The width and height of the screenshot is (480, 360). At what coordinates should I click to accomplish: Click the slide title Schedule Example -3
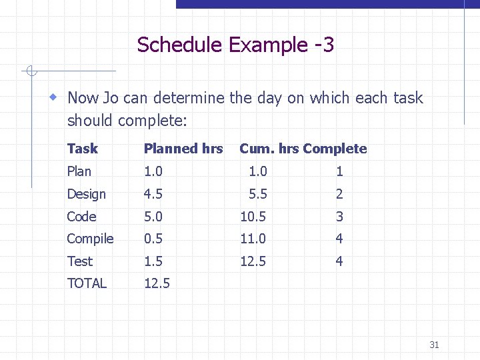pyautogui.click(x=235, y=45)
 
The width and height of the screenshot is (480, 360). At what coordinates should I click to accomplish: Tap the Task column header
pyautogui.click(x=82, y=149)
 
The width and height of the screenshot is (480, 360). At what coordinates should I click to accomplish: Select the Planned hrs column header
pyautogui.click(x=183, y=149)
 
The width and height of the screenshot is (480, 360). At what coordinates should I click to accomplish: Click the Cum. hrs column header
pyautogui.click(x=269, y=149)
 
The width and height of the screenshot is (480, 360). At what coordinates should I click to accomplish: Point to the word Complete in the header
pyautogui.click(x=335, y=149)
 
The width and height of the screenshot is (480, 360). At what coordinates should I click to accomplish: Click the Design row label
pyautogui.click(x=86, y=194)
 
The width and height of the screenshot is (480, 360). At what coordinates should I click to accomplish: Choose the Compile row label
pyautogui.click(x=90, y=239)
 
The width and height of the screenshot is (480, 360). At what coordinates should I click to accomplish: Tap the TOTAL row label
pyautogui.click(x=87, y=283)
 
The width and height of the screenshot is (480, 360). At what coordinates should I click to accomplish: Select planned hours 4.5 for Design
pyautogui.click(x=153, y=194)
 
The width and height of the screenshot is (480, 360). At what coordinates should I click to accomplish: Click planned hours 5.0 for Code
pyautogui.click(x=153, y=217)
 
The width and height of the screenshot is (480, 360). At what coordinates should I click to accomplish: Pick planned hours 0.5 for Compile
pyautogui.click(x=153, y=239)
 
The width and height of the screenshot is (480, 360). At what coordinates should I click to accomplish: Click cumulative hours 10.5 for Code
pyautogui.click(x=253, y=217)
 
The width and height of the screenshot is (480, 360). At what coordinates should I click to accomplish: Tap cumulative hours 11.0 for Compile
pyautogui.click(x=253, y=239)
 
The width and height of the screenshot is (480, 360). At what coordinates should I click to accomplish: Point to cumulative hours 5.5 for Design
pyautogui.click(x=257, y=194)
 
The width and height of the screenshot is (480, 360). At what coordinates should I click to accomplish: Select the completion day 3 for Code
pyautogui.click(x=339, y=217)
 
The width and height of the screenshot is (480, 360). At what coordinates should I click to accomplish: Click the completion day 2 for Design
pyautogui.click(x=339, y=194)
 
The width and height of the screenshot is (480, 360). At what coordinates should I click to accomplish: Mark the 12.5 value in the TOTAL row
pyautogui.click(x=157, y=283)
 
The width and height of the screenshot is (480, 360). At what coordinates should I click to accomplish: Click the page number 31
pyautogui.click(x=434, y=345)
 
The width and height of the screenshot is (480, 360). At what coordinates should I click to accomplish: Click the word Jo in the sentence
pyautogui.click(x=110, y=98)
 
